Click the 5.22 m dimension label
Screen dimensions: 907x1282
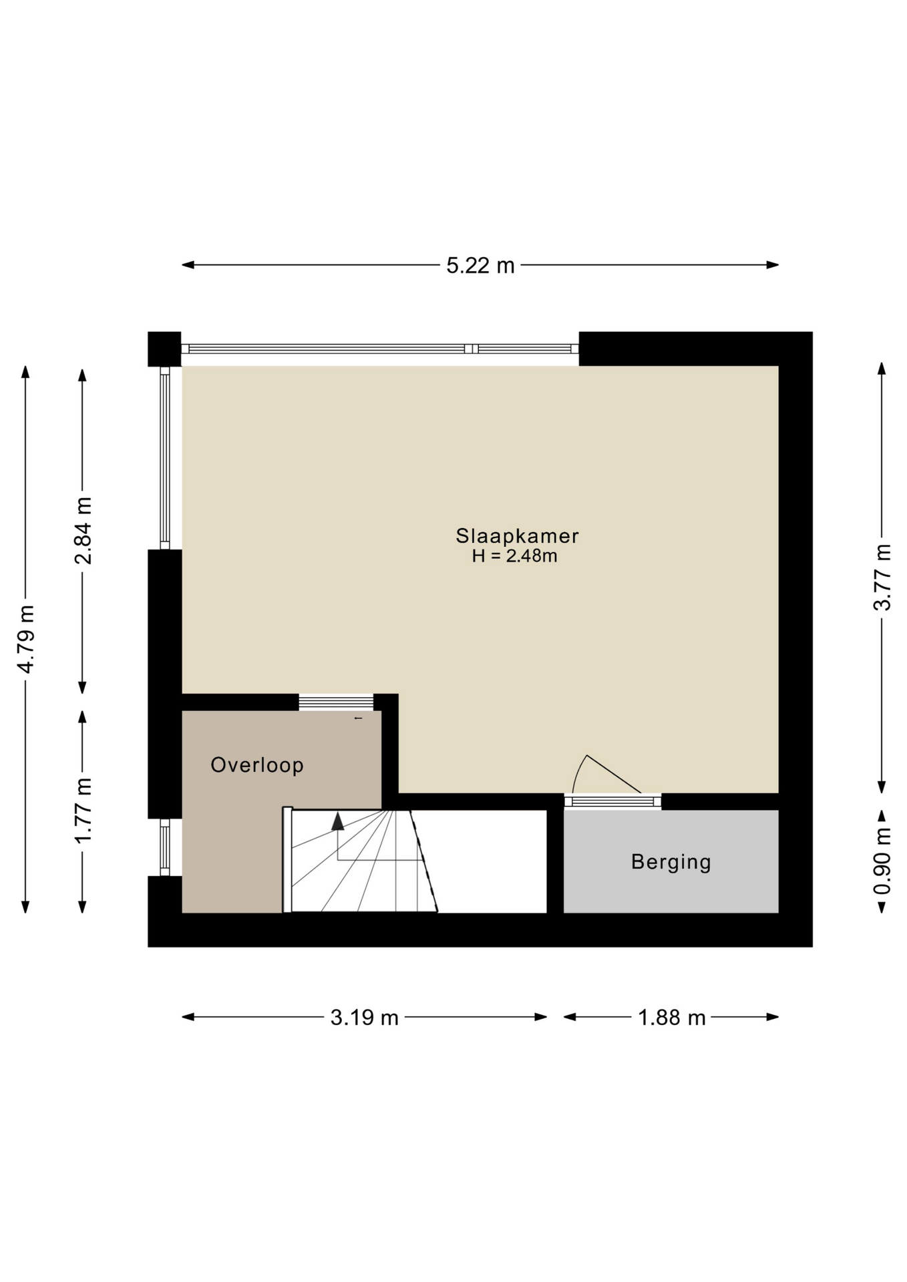[x=480, y=266]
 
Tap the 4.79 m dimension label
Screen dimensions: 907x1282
[x=26, y=639]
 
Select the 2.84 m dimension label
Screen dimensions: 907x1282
[x=83, y=531]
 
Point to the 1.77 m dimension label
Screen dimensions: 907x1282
[x=83, y=811]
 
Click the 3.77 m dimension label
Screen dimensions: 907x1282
[x=882, y=578]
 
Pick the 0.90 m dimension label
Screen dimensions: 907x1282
[x=882, y=861]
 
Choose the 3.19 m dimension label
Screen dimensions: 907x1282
[x=365, y=1018]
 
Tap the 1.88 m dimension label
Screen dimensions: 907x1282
[x=672, y=1018]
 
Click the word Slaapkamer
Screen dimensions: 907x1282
[x=517, y=536]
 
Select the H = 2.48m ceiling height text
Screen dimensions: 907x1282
[x=514, y=556]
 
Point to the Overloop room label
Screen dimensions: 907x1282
[x=257, y=765]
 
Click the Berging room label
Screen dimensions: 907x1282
[x=671, y=862]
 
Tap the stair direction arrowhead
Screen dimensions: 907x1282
[x=338, y=821]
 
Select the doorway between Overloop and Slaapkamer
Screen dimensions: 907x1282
[x=336, y=702]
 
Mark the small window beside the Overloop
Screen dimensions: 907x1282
[x=165, y=847]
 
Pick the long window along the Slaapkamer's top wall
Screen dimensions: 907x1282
[x=380, y=349]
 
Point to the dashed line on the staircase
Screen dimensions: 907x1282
[x=423, y=861]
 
